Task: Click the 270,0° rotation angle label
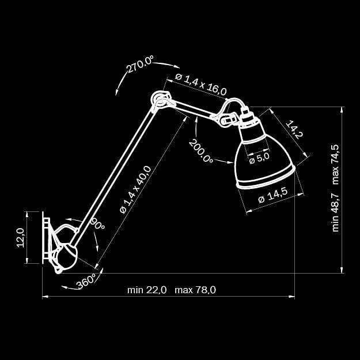[x=141, y=65]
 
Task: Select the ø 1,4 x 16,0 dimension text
[x=202, y=84]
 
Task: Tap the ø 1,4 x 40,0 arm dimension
[x=136, y=190]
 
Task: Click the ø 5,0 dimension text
[x=259, y=157]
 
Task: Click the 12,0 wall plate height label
[x=21, y=237]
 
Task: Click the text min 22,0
[x=147, y=290]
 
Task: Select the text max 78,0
[x=195, y=290]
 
